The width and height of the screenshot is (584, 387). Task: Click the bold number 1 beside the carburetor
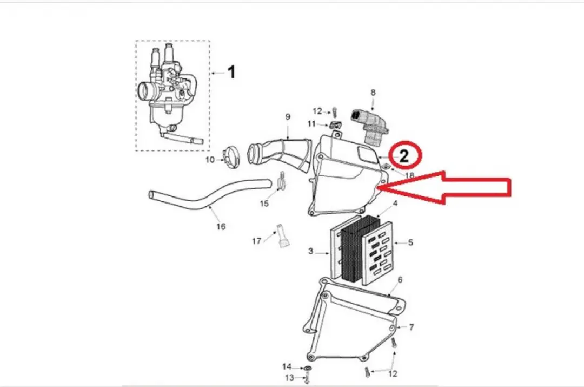coord(231,72)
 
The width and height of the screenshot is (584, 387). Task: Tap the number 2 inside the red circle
coord(404,155)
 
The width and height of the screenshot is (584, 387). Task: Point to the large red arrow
coord(444,187)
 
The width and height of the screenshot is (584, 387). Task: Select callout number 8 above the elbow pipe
coord(373,93)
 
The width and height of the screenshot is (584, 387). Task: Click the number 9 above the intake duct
coord(288,117)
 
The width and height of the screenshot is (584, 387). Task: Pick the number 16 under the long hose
coord(221,226)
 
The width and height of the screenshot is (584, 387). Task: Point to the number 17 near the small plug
coord(257,241)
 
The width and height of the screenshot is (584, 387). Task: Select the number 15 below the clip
coord(264,204)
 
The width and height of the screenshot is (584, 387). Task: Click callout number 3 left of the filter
coord(310,251)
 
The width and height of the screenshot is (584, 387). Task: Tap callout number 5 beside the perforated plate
coord(410,242)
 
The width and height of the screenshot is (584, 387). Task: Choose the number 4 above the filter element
coord(395,203)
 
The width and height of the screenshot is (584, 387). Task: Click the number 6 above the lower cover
coord(400,280)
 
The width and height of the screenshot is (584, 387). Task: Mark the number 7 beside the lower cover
coord(411,327)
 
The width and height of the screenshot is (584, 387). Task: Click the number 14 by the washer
coord(287,367)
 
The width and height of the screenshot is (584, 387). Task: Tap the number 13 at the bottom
coord(289,378)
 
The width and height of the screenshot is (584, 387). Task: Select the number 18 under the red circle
coord(409,175)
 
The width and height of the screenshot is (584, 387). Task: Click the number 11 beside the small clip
coord(311,124)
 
